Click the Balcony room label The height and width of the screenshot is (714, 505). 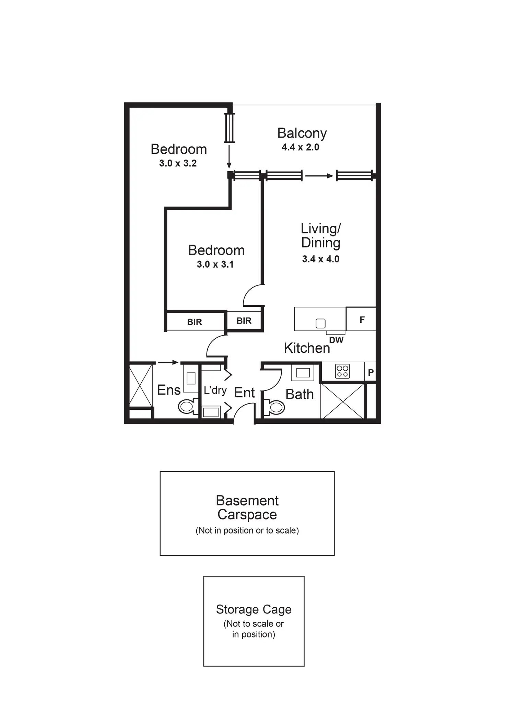tap(302, 133)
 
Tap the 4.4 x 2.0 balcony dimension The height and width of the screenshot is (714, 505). tap(300, 147)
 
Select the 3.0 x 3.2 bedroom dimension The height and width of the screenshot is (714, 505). tap(178, 163)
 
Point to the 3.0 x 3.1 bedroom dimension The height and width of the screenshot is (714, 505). tap(215, 264)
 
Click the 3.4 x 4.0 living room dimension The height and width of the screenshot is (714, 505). tap(320, 259)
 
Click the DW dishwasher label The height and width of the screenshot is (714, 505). tap(336, 340)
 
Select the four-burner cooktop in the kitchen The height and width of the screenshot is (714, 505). tap(342, 371)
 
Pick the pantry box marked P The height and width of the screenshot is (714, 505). tap(371, 372)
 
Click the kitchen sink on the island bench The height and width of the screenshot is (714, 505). tap(320, 323)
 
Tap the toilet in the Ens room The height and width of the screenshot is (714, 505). tap(188, 407)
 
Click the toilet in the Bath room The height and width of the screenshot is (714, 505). tap(275, 408)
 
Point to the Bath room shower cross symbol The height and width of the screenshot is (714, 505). tap(342, 401)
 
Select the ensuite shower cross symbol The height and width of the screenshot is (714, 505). tap(141, 385)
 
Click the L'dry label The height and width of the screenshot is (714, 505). tap(215, 390)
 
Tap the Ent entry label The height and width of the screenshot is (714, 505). tap(244, 393)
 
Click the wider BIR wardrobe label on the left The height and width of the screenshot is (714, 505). tap(195, 322)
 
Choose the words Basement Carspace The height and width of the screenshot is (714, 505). tap(247, 508)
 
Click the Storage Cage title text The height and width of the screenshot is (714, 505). tap(254, 609)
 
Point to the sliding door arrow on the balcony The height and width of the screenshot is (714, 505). tap(319, 176)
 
